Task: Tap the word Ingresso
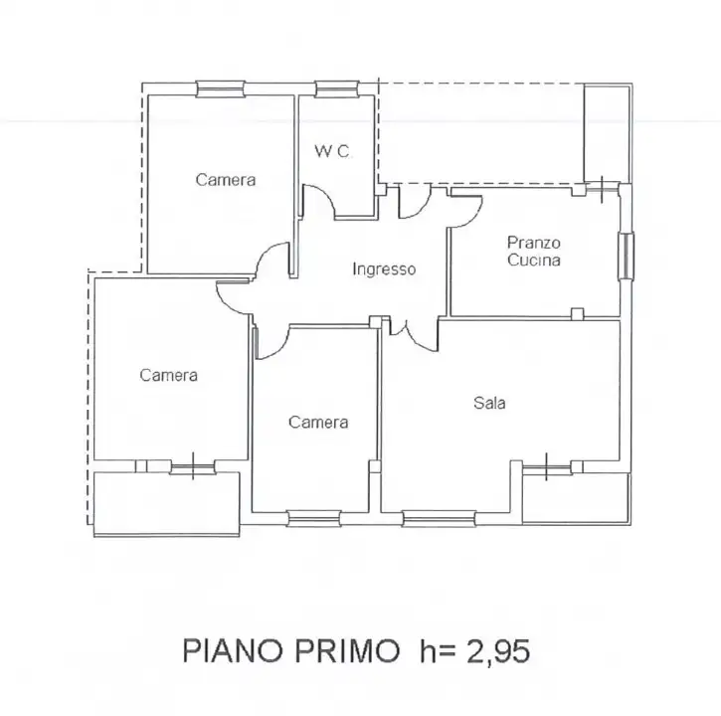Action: pyautogui.click(x=384, y=269)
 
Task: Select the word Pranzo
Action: pyautogui.click(x=534, y=242)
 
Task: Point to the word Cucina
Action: pyautogui.click(x=534, y=261)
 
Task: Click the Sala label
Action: pyautogui.click(x=489, y=403)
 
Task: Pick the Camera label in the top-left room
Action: pyautogui.click(x=225, y=180)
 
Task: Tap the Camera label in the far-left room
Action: pyautogui.click(x=168, y=375)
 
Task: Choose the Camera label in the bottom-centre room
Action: pyautogui.click(x=318, y=423)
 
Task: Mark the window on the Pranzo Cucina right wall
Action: pyautogui.click(x=626, y=257)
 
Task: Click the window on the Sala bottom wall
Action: pyautogui.click(x=439, y=516)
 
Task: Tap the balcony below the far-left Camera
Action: pyautogui.click(x=165, y=501)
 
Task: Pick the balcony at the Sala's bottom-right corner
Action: pyautogui.click(x=575, y=495)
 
